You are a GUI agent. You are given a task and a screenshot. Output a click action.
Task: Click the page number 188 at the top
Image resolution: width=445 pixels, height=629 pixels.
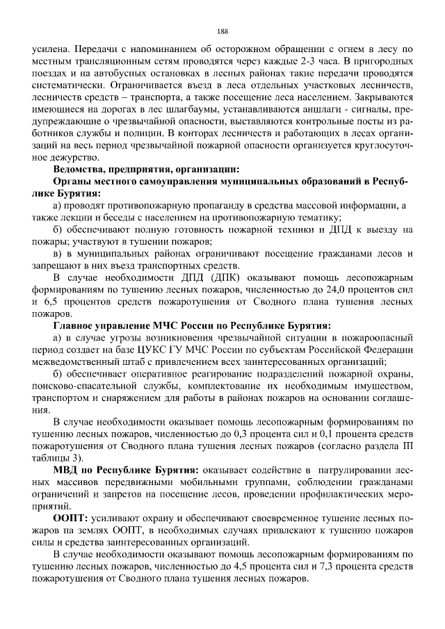click(x=222, y=31)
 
